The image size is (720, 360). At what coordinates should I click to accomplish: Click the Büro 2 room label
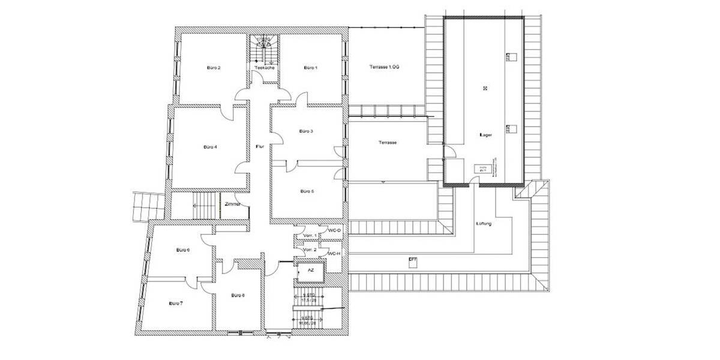(214, 68)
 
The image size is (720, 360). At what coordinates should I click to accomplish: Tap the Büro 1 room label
(310, 68)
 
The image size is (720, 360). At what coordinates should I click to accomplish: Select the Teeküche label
(265, 68)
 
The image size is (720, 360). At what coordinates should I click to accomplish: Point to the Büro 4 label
(210, 146)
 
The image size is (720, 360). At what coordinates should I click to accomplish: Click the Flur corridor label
(260, 146)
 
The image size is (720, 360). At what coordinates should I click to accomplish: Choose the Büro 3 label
(306, 131)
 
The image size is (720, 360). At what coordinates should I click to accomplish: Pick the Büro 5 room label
(307, 191)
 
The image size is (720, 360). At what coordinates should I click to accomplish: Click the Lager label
(486, 135)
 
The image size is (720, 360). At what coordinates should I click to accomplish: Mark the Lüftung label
(484, 224)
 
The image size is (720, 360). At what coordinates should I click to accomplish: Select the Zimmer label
(233, 204)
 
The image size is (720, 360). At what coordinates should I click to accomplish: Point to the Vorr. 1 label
(310, 235)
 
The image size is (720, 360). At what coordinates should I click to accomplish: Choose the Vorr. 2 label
(310, 250)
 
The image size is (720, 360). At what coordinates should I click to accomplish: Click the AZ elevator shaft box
(310, 271)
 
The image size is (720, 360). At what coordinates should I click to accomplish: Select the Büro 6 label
(183, 250)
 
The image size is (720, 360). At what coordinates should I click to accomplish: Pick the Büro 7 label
(176, 304)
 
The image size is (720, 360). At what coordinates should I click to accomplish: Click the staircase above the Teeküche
(265, 51)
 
